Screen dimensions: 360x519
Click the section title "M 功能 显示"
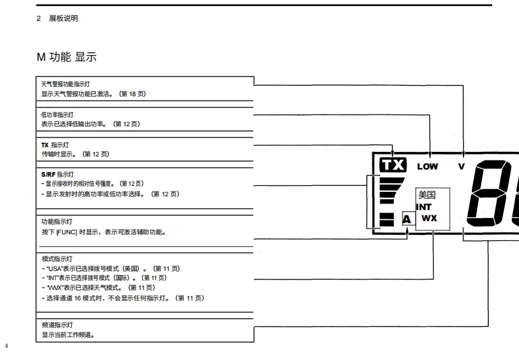(x=66, y=58)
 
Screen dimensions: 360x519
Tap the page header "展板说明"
(x=63, y=18)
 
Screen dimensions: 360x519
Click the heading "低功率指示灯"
(x=58, y=115)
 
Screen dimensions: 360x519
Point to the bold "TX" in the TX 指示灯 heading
(x=45, y=145)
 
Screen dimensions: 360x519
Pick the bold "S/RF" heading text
(x=48, y=174)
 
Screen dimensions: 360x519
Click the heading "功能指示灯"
(x=58, y=223)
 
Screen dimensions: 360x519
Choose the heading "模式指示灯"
(x=58, y=259)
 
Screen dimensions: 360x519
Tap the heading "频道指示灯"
(x=58, y=325)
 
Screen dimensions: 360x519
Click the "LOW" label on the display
(x=427, y=166)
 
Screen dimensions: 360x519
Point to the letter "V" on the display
(x=461, y=166)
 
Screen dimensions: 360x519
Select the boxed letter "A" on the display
(x=406, y=219)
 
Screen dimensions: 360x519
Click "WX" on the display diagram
(x=429, y=218)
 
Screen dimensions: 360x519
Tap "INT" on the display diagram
(x=424, y=207)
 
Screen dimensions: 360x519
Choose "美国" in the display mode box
(x=427, y=195)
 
